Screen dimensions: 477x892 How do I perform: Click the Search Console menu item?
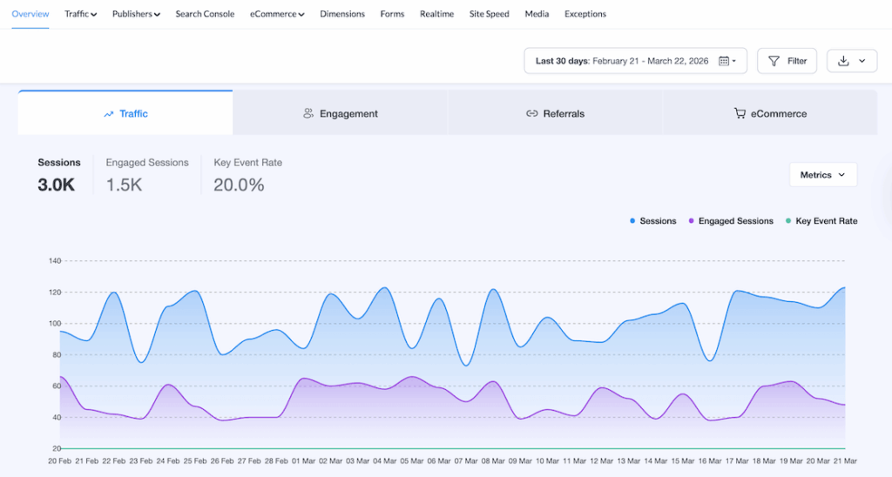(x=205, y=14)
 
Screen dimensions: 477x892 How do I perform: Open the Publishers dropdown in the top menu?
(x=136, y=14)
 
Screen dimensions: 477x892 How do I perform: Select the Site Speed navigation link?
(x=489, y=14)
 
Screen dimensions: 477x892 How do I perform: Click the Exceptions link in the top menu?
(x=585, y=14)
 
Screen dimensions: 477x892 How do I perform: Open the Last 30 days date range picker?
(x=635, y=61)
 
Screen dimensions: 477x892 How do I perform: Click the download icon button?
(x=852, y=61)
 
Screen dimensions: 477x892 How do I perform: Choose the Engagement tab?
(x=341, y=113)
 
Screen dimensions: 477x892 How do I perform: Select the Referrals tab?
(x=555, y=113)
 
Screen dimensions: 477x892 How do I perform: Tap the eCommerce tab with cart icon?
(x=770, y=113)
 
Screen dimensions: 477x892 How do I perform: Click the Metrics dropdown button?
(x=823, y=175)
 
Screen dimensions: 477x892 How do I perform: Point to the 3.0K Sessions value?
(x=56, y=185)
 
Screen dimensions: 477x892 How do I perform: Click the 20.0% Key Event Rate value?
(x=239, y=185)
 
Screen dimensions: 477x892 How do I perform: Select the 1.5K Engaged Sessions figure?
(x=124, y=185)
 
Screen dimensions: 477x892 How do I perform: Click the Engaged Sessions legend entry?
(x=731, y=221)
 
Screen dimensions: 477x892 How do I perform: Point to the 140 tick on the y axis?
(x=55, y=261)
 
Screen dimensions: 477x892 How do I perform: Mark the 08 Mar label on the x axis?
(x=494, y=460)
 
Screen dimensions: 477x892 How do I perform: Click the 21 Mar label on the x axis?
(x=845, y=460)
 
